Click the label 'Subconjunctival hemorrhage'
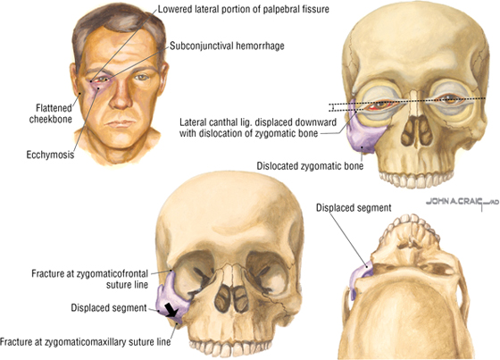227,46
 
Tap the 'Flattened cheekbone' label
51,113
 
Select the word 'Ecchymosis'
50,155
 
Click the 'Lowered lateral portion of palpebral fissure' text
243,9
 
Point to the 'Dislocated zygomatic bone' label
310,166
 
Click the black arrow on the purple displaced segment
170,310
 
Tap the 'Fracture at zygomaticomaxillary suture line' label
85,342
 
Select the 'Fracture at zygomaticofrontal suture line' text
90,279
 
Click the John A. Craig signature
462,203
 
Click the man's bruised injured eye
102,80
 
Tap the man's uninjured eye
141,77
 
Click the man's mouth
121,123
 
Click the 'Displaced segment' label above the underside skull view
354,208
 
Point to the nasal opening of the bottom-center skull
230,299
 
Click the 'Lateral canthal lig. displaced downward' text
258,122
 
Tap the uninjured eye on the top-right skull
449,97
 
